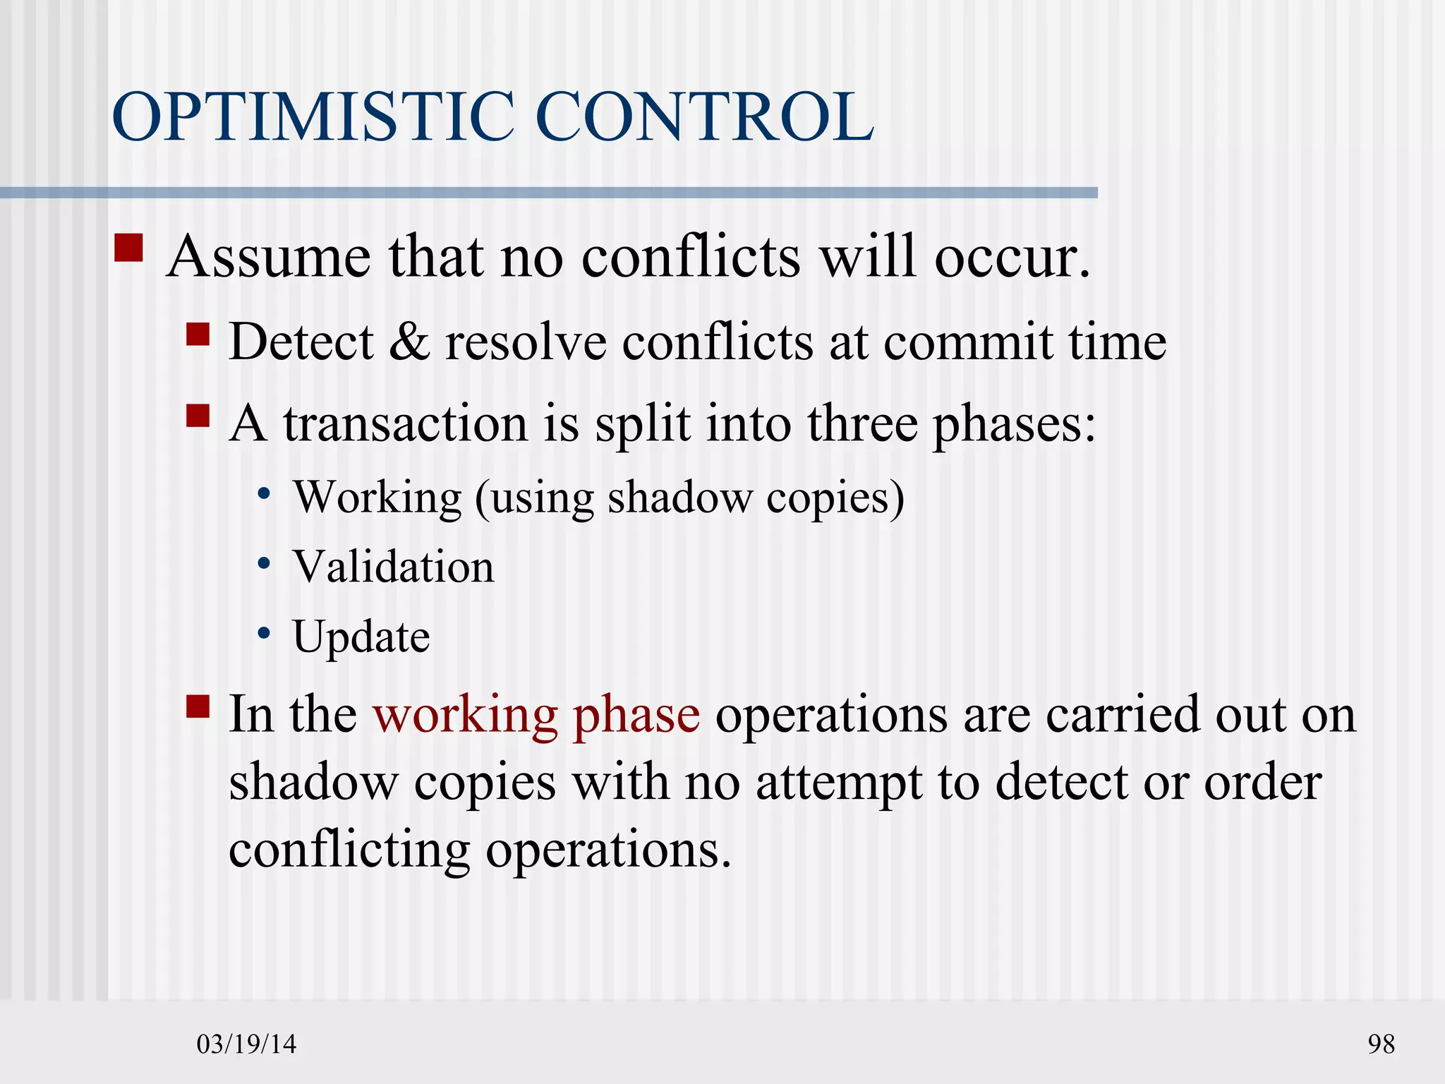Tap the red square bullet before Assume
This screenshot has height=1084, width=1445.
pyautogui.click(x=128, y=248)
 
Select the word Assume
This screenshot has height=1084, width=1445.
pyautogui.click(x=268, y=257)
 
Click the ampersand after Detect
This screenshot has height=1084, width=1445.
pyautogui.click(x=409, y=342)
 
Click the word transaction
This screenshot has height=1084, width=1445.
pyautogui.click(x=406, y=424)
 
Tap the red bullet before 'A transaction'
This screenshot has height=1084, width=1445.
pyautogui.click(x=198, y=416)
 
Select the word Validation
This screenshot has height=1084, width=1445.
pyautogui.click(x=394, y=567)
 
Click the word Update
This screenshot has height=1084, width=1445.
pyautogui.click(x=361, y=637)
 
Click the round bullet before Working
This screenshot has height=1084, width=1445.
pyautogui.click(x=264, y=494)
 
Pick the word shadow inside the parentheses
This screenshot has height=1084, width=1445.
pyautogui.click(x=680, y=498)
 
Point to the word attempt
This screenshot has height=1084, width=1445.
pyautogui.click(x=840, y=783)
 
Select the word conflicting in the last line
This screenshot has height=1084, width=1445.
pyautogui.click(x=349, y=850)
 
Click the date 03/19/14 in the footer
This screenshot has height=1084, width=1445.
pyautogui.click(x=246, y=1044)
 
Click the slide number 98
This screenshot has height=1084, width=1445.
pyautogui.click(x=1381, y=1044)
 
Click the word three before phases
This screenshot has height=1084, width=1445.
pyautogui.click(x=862, y=424)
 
